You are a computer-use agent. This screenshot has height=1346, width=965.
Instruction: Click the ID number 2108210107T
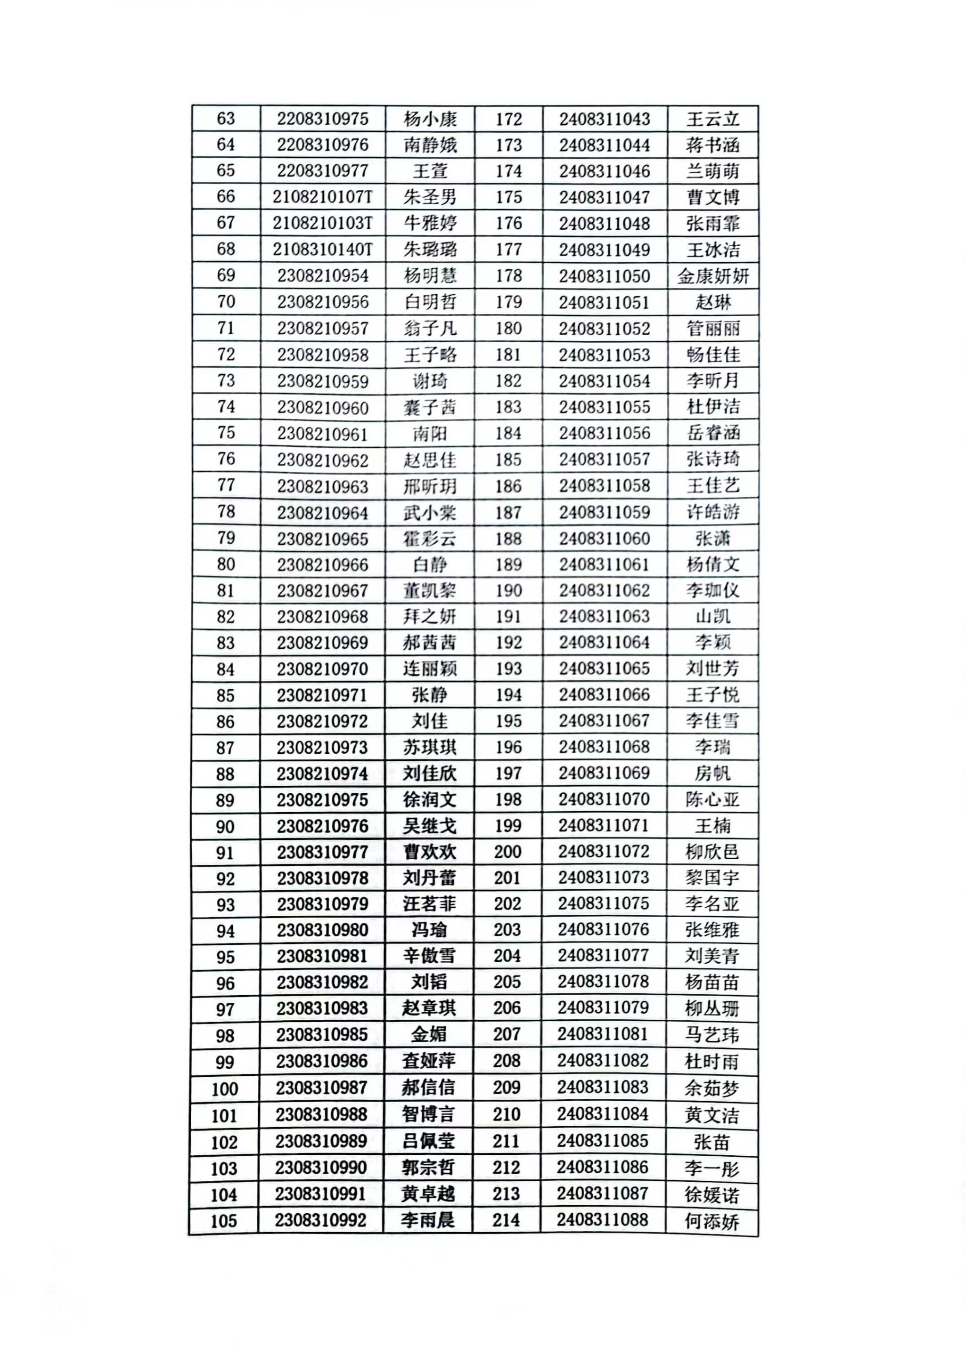322,196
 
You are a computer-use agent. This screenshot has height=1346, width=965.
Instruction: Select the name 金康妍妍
712,276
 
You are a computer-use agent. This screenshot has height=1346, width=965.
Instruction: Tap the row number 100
224,1088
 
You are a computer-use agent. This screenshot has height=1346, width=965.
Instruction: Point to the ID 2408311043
604,119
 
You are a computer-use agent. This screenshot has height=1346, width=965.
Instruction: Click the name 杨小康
430,119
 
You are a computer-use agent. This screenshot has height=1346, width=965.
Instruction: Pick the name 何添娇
711,1221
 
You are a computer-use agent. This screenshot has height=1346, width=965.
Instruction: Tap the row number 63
226,118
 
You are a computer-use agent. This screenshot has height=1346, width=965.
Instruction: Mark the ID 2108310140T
322,249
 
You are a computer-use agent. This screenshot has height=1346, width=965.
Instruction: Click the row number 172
508,119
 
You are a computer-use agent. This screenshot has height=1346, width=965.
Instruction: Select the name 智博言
428,1114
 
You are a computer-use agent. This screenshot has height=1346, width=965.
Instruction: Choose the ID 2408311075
603,903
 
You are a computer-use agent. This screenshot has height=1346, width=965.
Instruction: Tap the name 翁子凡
430,328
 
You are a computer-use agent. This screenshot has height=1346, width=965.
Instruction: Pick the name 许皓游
712,512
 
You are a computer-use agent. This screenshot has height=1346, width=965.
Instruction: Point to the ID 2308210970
322,669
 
